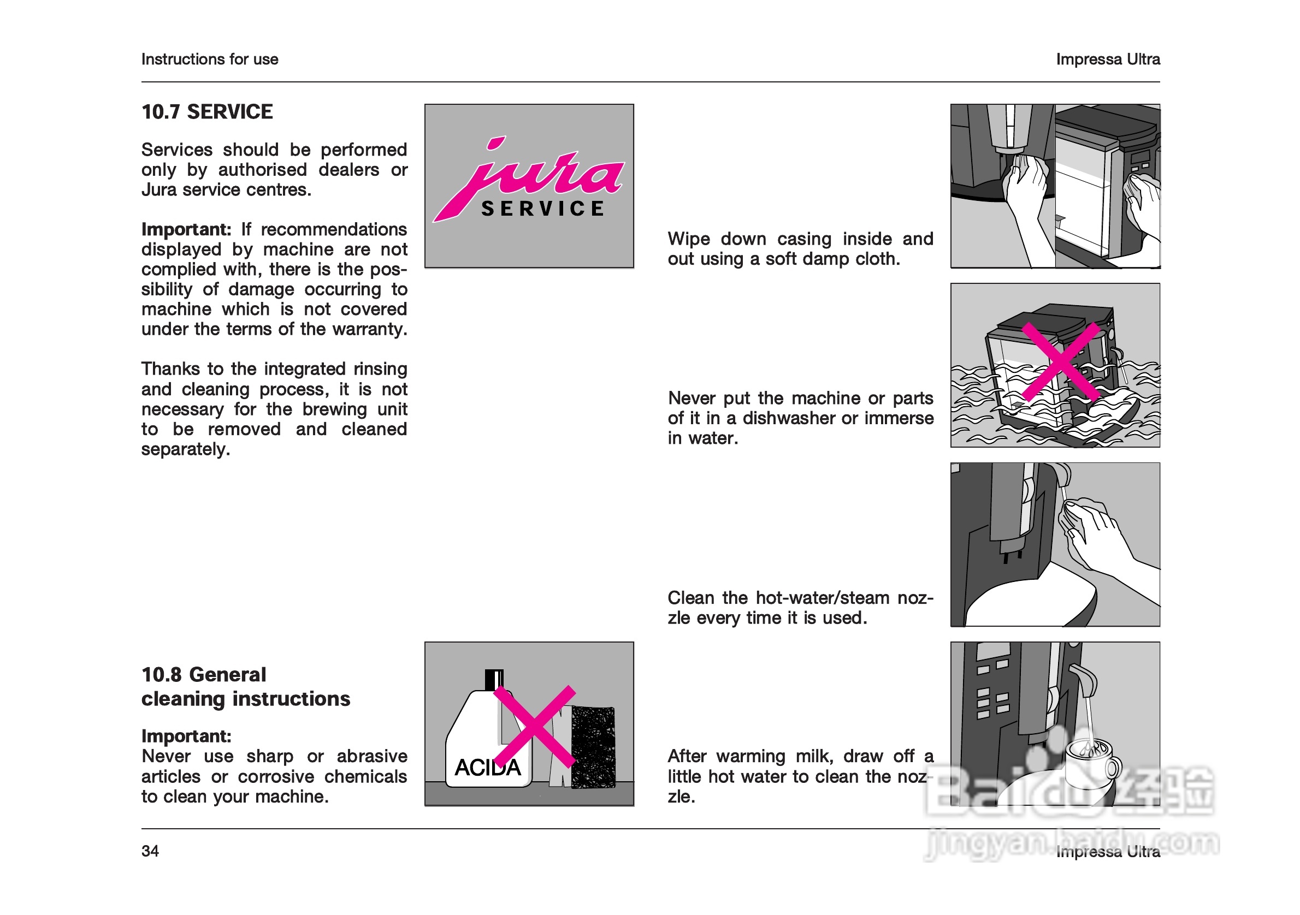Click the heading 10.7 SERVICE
[x=206, y=112]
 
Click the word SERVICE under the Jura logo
[x=542, y=209]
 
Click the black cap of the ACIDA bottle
[x=494, y=680]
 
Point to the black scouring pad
[x=593, y=747]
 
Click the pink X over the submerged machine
[x=1061, y=362]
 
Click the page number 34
[x=150, y=851]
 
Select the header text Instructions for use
[x=210, y=60]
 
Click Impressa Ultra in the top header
[x=1108, y=60]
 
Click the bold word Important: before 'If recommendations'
[x=186, y=230]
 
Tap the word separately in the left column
[x=185, y=449]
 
